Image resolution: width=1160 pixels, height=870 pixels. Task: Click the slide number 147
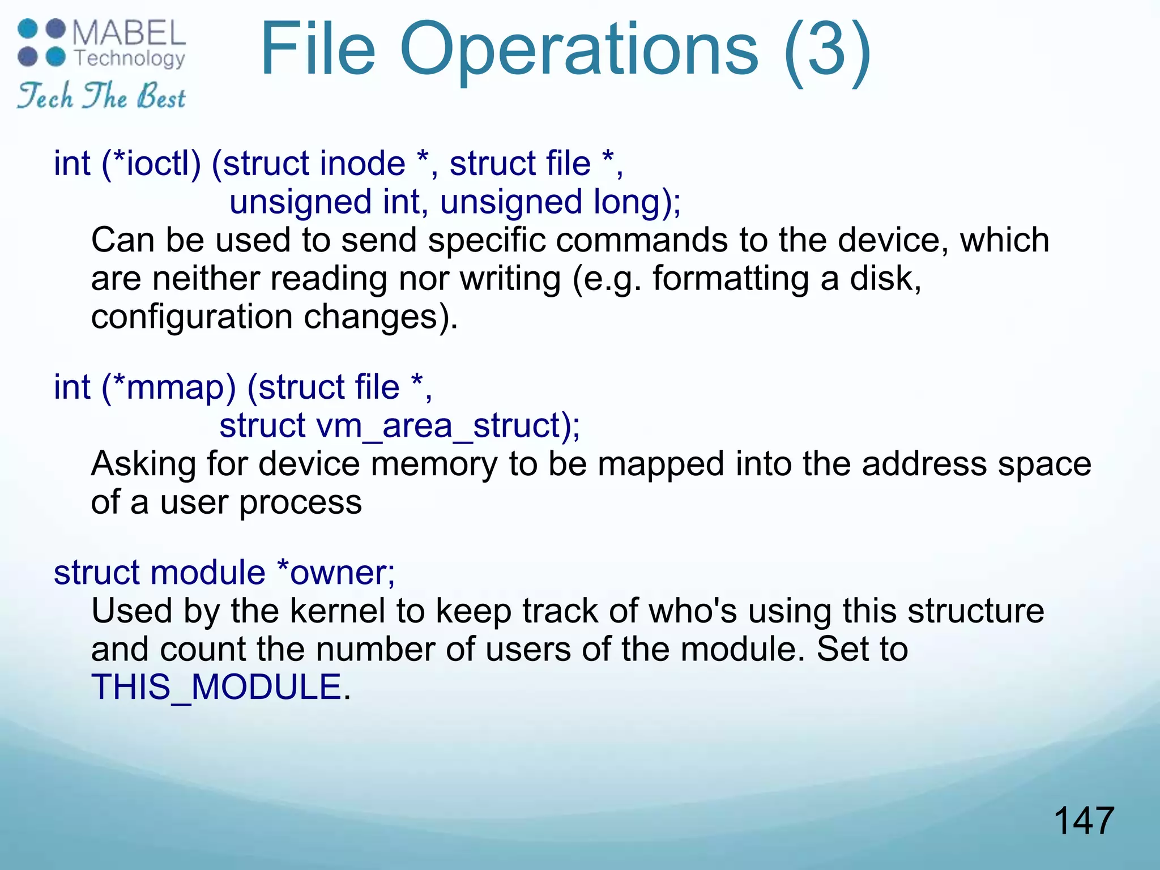(x=1084, y=821)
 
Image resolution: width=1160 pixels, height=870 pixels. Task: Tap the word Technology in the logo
(x=130, y=58)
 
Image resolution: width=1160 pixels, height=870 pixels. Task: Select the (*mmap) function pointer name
(x=168, y=387)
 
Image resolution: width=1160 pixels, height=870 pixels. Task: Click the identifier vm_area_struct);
(x=448, y=426)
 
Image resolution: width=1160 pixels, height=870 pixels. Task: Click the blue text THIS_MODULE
(x=216, y=688)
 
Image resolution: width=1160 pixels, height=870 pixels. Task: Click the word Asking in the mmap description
(x=144, y=464)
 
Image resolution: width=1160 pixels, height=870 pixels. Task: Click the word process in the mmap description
(x=300, y=503)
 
